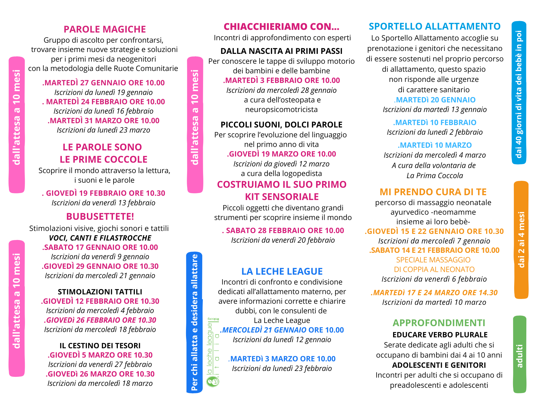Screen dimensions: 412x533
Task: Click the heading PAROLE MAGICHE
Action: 105,29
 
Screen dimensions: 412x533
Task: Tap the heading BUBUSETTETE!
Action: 100,217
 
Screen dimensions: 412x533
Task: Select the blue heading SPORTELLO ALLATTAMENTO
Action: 435,26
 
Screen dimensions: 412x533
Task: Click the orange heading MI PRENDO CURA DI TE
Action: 433,192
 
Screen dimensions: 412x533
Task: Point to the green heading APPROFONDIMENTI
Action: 439,323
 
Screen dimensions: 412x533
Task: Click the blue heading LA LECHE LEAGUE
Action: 282,271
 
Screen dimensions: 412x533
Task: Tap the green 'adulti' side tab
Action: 520,355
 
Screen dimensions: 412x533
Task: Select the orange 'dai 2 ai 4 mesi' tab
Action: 521,240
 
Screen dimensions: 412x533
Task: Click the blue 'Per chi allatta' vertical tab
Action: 195,323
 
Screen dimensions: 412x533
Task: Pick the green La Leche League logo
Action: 213,352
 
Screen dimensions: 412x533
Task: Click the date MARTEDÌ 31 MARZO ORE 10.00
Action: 104,121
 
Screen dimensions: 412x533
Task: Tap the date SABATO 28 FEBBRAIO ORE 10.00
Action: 283,231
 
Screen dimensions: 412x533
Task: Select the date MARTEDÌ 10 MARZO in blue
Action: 435,145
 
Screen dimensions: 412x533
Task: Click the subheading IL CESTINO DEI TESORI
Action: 100,346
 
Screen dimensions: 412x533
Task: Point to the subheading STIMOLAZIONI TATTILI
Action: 100,292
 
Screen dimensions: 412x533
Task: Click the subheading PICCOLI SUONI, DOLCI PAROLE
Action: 281,125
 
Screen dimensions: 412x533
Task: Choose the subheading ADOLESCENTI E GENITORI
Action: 439,365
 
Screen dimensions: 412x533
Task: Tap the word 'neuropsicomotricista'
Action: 281,110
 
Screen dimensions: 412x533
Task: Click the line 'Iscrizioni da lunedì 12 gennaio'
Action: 282,340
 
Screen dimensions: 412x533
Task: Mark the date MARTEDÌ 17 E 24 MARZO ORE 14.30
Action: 434,293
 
